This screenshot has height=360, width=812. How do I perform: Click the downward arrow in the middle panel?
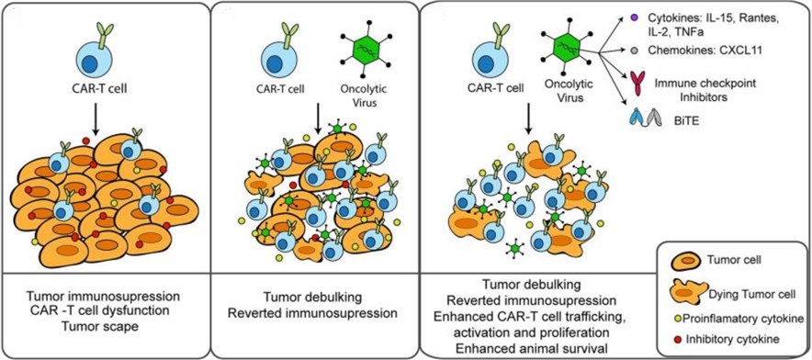coord(316,118)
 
